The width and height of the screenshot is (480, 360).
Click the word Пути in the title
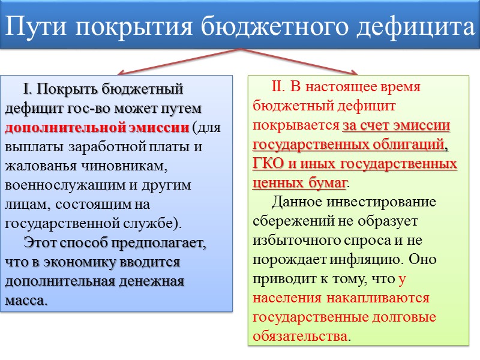point(36,26)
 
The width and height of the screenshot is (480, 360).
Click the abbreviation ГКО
point(270,163)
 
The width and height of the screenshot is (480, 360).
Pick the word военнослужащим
point(67,185)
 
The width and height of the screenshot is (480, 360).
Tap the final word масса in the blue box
point(25,300)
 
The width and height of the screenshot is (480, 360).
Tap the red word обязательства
point(300,336)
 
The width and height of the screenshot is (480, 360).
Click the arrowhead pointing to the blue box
point(119,72)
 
